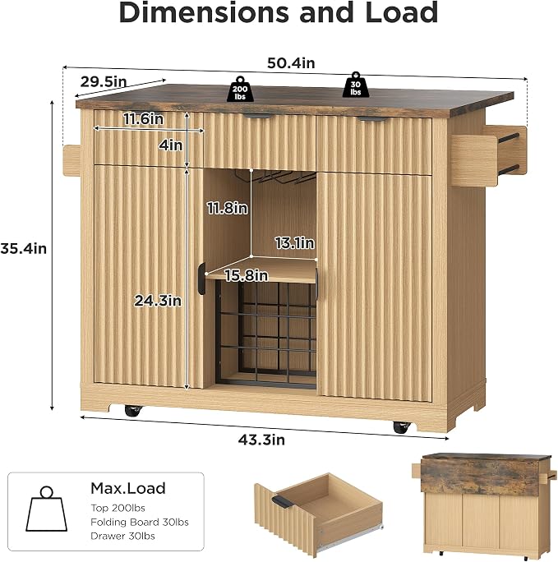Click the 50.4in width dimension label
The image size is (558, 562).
[x=291, y=63]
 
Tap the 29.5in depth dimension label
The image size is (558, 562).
[x=104, y=81]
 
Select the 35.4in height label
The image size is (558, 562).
[x=24, y=248]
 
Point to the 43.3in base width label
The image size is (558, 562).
[x=261, y=440]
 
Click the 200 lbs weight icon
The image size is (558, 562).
[x=240, y=89]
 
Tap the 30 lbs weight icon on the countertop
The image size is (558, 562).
[x=355, y=85]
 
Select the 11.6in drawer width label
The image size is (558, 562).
[x=143, y=118]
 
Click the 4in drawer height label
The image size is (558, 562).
[x=171, y=145]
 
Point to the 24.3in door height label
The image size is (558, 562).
[x=158, y=301]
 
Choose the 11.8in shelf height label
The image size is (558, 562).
[x=227, y=208]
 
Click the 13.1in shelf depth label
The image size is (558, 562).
[x=294, y=243]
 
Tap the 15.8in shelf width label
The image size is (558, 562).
[x=247, y=275]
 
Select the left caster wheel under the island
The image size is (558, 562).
[x=134, y=410]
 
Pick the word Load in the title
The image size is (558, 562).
[x=401, y=13]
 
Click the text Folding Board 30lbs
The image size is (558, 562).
[x=140, y=522]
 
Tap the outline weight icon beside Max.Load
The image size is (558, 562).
[x=46, y=509]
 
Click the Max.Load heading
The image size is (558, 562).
[x=128, y=488]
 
